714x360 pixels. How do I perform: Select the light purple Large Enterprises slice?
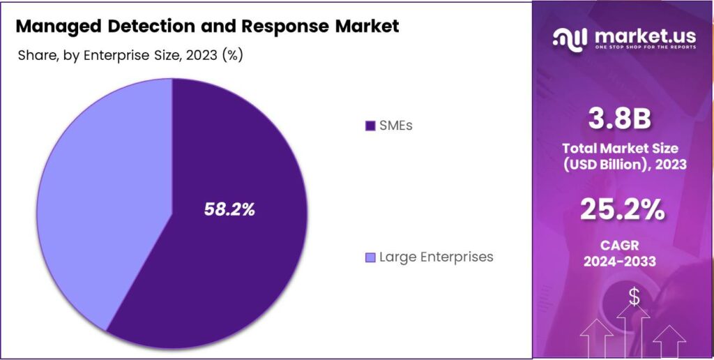(x=98, y=202)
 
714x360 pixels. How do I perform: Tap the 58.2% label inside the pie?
(x=229, y=209)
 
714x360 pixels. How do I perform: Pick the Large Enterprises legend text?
(x=436, y=257)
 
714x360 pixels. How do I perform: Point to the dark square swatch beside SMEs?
(x=370, y=126)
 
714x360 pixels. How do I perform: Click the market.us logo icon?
(x=569, y=38)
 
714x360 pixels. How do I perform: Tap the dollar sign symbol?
(x=634, y=297)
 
